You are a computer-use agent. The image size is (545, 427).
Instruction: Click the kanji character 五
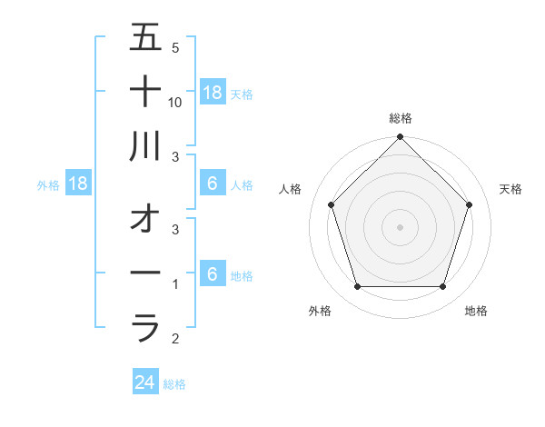click(145, 38)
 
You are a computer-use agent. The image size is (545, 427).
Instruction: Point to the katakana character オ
click(145, 219)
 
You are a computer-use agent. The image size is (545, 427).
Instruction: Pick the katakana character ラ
click(145, 327)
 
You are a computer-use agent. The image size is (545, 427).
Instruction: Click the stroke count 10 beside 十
click(175, 103)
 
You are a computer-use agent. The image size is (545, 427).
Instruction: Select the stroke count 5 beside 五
click(175, 48)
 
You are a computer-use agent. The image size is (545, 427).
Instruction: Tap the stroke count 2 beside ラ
click(175, 339)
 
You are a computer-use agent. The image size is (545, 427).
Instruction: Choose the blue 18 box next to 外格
click(78, 184)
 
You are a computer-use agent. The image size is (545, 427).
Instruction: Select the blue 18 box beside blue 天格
click(213, 93)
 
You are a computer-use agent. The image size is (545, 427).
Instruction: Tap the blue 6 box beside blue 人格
click(213, 184)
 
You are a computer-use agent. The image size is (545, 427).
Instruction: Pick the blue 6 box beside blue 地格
click(213, 274)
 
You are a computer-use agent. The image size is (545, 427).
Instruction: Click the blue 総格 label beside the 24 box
click(174, 384)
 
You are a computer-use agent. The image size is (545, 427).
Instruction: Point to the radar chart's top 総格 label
click(400, 118)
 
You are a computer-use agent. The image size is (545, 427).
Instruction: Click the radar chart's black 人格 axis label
click(291, 189)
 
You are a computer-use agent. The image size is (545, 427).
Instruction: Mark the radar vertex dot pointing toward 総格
click(400, 138)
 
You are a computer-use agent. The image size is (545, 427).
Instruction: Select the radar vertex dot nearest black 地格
click(442, 287)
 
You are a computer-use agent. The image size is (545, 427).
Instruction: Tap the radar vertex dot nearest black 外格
click(357, 287)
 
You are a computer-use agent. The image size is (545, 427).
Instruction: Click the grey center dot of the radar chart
click(400, 227)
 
